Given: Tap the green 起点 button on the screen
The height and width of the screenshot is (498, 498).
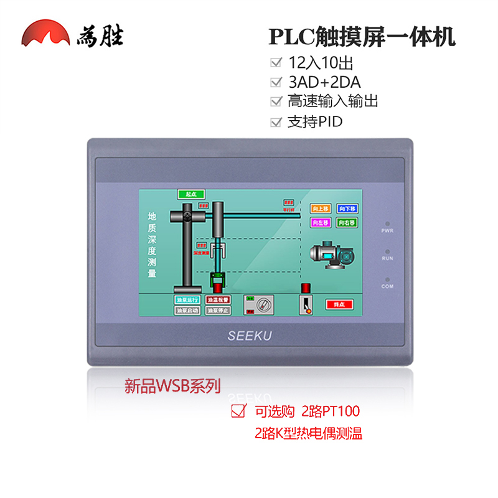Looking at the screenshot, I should point(187,195).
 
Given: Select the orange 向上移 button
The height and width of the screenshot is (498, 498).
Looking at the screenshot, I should point(319,209).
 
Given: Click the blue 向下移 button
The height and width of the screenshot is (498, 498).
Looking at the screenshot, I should point(347,209).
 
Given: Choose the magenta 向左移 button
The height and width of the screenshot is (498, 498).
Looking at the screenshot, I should point(319,222).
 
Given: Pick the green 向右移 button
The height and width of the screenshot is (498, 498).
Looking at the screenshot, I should point(347,222).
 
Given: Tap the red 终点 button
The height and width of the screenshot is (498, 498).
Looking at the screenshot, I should point(339,304).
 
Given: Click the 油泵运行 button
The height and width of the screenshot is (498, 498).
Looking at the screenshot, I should point(187,299).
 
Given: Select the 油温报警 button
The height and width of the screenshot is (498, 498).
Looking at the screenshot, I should point(218,299).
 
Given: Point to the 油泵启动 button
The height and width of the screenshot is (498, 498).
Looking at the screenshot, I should point(187,309).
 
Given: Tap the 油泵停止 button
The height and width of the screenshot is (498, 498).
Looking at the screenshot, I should point(218,309).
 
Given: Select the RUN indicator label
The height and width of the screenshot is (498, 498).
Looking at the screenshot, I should point(387,258).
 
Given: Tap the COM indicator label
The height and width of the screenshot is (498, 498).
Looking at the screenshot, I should point(387,286).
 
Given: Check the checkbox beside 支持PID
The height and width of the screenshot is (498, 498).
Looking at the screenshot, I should point(275,122).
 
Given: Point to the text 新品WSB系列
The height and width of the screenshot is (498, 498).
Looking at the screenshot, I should point(172,387).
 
